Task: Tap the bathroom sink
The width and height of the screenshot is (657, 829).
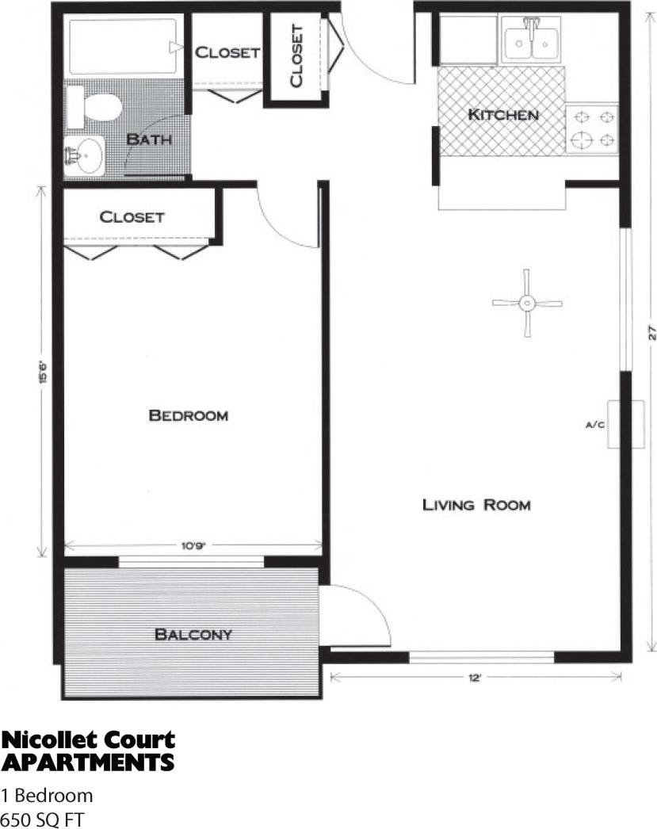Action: tap(84, 155)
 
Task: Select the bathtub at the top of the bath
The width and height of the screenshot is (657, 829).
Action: tap(124, 47)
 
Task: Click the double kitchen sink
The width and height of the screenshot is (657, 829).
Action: tap(532, 40)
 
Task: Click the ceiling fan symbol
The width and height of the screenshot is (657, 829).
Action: tap(526, 303)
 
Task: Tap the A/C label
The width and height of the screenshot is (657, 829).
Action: tap(595, 426)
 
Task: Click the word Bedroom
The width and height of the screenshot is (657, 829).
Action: tap(189, 415)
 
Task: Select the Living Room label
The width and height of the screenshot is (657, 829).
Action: tap(476, 504)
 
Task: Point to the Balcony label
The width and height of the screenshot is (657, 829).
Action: tap(193, 634)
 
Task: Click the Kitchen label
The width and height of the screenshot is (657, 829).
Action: tap(503, 115)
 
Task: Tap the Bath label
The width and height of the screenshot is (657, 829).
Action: tap(149, 139)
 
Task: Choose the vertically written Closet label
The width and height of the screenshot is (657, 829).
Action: tap(296, 55)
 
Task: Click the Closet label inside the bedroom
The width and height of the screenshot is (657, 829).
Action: tap(132, 216)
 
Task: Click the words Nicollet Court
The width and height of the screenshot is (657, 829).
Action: tap(88, 741)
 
